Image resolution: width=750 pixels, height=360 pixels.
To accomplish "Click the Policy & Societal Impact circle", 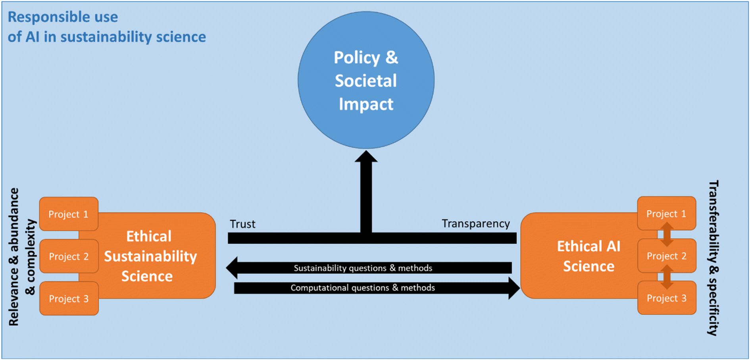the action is click(366, 80).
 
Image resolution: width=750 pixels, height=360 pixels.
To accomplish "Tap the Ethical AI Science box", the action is click(583, 256).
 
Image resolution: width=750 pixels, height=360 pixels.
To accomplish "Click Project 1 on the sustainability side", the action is click(69, 214).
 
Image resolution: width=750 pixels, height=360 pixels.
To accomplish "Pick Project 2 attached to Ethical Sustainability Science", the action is click(69, 256).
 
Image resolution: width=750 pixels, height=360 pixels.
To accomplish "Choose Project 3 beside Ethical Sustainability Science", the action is click(69, 298).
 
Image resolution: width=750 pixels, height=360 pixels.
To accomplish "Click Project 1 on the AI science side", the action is click(667, 214).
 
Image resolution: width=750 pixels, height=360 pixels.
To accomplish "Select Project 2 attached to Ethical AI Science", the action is click(667, 256).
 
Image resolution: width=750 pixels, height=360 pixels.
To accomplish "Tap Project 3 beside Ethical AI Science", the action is click(667, 298).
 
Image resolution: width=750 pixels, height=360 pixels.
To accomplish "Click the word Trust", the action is click(242, 224).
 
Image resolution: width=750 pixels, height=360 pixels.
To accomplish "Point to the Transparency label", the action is click(476, 224).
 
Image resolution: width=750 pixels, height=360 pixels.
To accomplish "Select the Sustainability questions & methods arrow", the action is click(369, 268).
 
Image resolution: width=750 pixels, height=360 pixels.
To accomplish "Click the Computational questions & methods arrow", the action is click(377, 288).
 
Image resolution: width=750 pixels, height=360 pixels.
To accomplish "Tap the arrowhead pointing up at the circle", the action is click(366, 156).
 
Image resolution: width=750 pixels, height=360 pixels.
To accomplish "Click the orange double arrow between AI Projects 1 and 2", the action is click(667, 234).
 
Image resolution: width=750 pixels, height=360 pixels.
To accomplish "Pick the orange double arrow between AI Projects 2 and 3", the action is click(667, 277).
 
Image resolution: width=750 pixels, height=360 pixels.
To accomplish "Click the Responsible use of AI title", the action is click(107, 27).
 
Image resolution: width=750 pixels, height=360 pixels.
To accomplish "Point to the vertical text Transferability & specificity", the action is click(713, 258).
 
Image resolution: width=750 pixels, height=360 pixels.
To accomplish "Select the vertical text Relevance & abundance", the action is click(14, 257).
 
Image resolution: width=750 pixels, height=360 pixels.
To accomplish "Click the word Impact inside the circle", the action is click(366, 104).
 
